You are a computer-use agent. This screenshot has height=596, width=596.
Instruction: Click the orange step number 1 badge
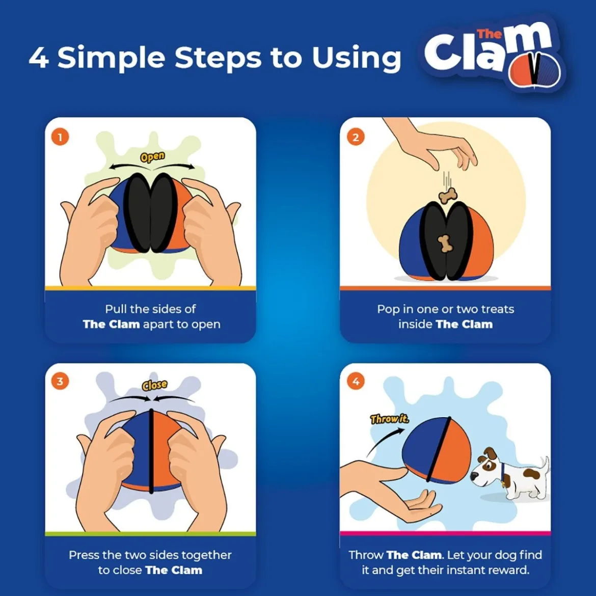coord(60,137)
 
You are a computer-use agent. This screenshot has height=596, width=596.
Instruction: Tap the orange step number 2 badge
coord(356,137)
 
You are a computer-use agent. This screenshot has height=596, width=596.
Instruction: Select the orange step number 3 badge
coord(60,381)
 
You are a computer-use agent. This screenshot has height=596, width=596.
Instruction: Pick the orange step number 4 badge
coord(356,381)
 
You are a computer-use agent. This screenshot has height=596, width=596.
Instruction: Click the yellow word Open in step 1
coord(152,157)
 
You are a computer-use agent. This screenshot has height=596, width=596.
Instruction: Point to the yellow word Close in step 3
coord(154,385)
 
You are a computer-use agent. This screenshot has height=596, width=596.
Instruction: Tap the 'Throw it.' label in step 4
coord(390,419)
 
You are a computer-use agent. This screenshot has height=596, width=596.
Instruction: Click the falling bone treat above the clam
coord(448,196)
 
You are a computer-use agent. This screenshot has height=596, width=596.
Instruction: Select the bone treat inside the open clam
coord(445,243)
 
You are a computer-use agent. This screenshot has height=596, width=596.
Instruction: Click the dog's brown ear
coord(490,453)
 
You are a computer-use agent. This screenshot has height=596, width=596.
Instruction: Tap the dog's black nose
coord(474,475)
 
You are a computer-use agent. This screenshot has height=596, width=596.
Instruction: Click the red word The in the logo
coord(489,34)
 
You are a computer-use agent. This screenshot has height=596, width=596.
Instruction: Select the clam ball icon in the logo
coord(535,71)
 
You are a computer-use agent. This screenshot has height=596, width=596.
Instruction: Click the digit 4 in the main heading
coord(39,58)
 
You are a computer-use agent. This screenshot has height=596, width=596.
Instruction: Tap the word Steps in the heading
coord(218,58)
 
